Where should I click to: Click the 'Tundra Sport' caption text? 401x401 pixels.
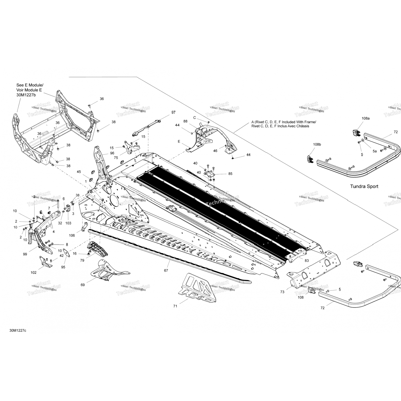coord(364,186)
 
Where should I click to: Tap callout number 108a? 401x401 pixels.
coord(358,118)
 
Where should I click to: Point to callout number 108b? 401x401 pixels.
coord(317,144)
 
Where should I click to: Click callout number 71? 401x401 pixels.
coord(175,306)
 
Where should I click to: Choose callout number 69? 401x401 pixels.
coord(83,285)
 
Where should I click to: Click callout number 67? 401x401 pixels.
coord(166,271)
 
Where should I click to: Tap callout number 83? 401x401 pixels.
coord(306,260)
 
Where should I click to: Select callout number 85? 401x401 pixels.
coord(230,174)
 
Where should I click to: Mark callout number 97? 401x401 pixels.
coord(173,112)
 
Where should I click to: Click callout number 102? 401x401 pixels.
coord(33,273)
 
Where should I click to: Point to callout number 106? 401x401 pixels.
coord(72,236)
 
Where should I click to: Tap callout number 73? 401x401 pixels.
coord(282,292)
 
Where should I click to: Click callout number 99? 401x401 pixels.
coord(25,254)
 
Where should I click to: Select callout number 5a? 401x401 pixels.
coord(375,151)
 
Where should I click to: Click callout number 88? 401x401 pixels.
coord(193,121)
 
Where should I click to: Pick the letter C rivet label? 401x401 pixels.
coord(194,118)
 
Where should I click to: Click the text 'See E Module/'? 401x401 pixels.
coord(30,85)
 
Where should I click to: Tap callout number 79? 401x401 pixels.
coord(82,260)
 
